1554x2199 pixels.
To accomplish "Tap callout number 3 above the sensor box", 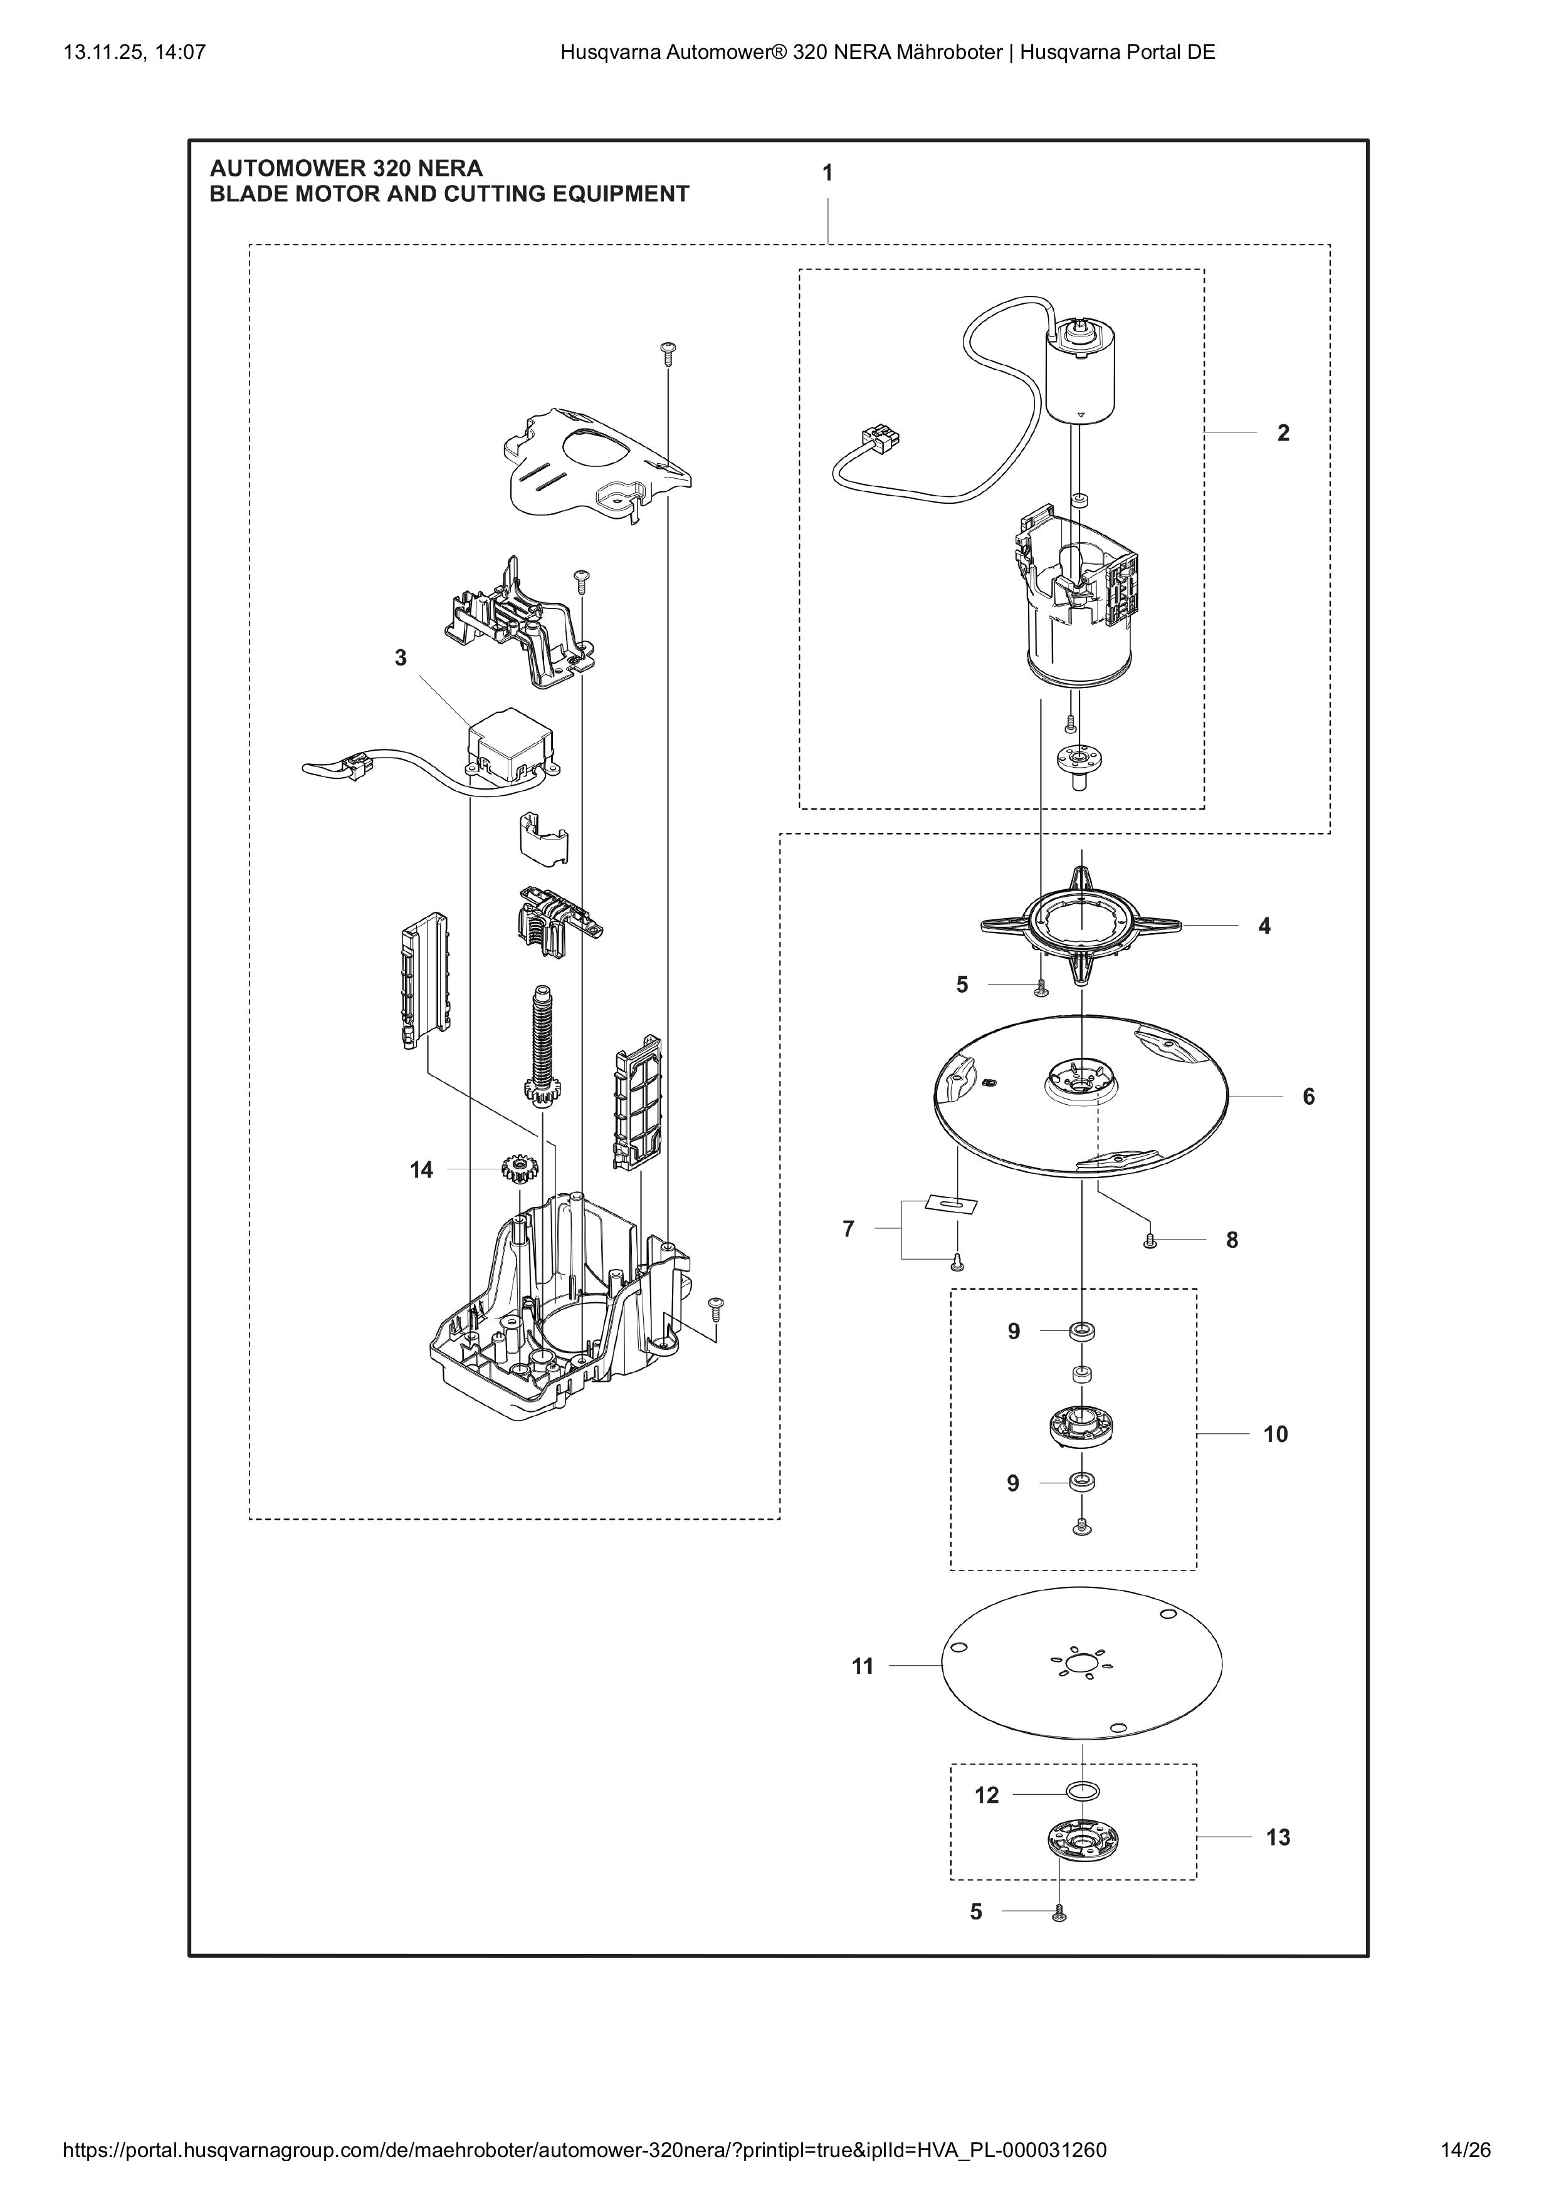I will point(401,658).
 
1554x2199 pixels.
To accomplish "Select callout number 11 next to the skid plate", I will point(863,1666).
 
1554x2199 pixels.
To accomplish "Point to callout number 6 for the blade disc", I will point(1309,1097).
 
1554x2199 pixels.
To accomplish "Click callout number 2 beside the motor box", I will point(1283,433).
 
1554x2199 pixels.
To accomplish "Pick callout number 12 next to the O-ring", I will point(987,1795).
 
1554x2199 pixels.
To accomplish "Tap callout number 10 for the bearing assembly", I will point(1275,1434).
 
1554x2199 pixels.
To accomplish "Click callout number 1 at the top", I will point(828,174).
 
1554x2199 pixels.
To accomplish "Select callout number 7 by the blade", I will point(848,1229).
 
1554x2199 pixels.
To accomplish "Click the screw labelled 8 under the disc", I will point(1151,1241).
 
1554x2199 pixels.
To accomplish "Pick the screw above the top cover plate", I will point(668,352).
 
